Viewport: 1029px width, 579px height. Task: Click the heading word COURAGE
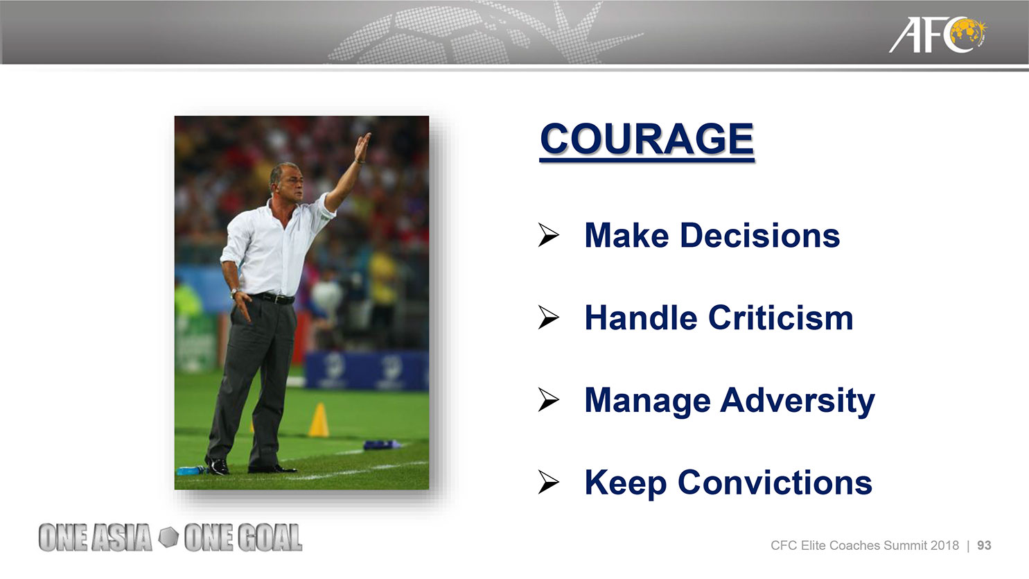coord(647,139)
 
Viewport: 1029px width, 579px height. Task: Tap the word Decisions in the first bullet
coord(760,235)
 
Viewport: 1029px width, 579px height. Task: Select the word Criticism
coord(781,318)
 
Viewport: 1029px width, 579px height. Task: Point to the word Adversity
coord(798,401)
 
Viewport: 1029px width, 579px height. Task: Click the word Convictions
coord(775,483)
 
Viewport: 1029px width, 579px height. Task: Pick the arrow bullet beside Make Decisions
coord(549,235)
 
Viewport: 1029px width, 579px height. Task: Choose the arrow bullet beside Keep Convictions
coord(549,483)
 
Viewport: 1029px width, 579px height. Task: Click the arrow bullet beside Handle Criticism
coord(549,318)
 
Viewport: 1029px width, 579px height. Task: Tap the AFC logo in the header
coord(937,35)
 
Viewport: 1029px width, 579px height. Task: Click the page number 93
coord(984,546)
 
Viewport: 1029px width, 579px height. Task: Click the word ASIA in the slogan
coord(122,537)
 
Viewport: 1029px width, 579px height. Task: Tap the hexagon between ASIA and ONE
coord(168,537)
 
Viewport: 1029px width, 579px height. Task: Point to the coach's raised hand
coord(363,146)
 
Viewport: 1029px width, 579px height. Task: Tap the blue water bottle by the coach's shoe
coord(192,471)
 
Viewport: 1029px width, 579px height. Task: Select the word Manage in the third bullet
coord(647,401)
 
